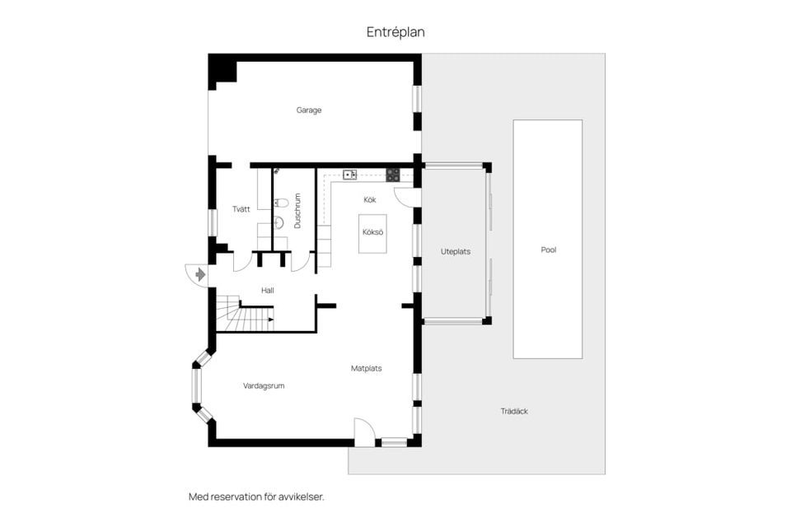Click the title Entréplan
[395, 32]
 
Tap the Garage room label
[309, 110]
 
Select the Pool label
[548, 250]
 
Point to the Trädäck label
[514, 411]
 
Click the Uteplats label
[455, 252]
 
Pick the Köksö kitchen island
[372, 232]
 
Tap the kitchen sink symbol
[349, 175]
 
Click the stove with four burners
[393, 175]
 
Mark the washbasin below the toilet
[278, 222]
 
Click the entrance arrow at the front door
[199, 275]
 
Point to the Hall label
[267, 291]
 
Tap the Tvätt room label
[241, 209]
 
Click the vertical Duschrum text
[297, 211]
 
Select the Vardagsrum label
[264, 385]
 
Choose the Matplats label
[366, 369]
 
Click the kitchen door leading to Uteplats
[407, 197]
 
